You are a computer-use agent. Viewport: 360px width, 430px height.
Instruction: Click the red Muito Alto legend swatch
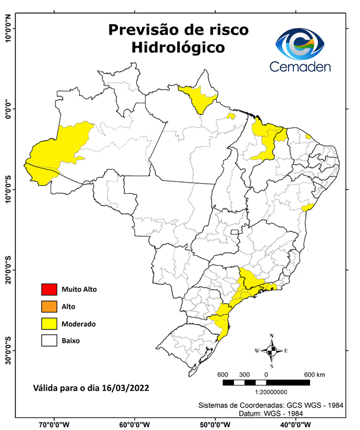pyautogui.click(x=49, y=290)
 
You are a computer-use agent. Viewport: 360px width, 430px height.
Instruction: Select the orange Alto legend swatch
pyautogui.click(x=49, y=307)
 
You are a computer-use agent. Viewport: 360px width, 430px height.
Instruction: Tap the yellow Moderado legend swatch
pyautogui.click(x=49, y=324)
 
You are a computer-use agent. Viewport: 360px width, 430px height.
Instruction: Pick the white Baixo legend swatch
pyautogui.click(x=49, y=341)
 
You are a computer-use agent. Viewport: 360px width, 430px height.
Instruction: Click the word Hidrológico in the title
pyautogui.click(x=178, y=48)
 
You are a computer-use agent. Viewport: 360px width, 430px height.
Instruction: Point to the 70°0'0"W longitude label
pyautogui.click(x=55, y=424)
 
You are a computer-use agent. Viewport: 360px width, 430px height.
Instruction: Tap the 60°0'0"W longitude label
pyautogui.click(x=135, y=424)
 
